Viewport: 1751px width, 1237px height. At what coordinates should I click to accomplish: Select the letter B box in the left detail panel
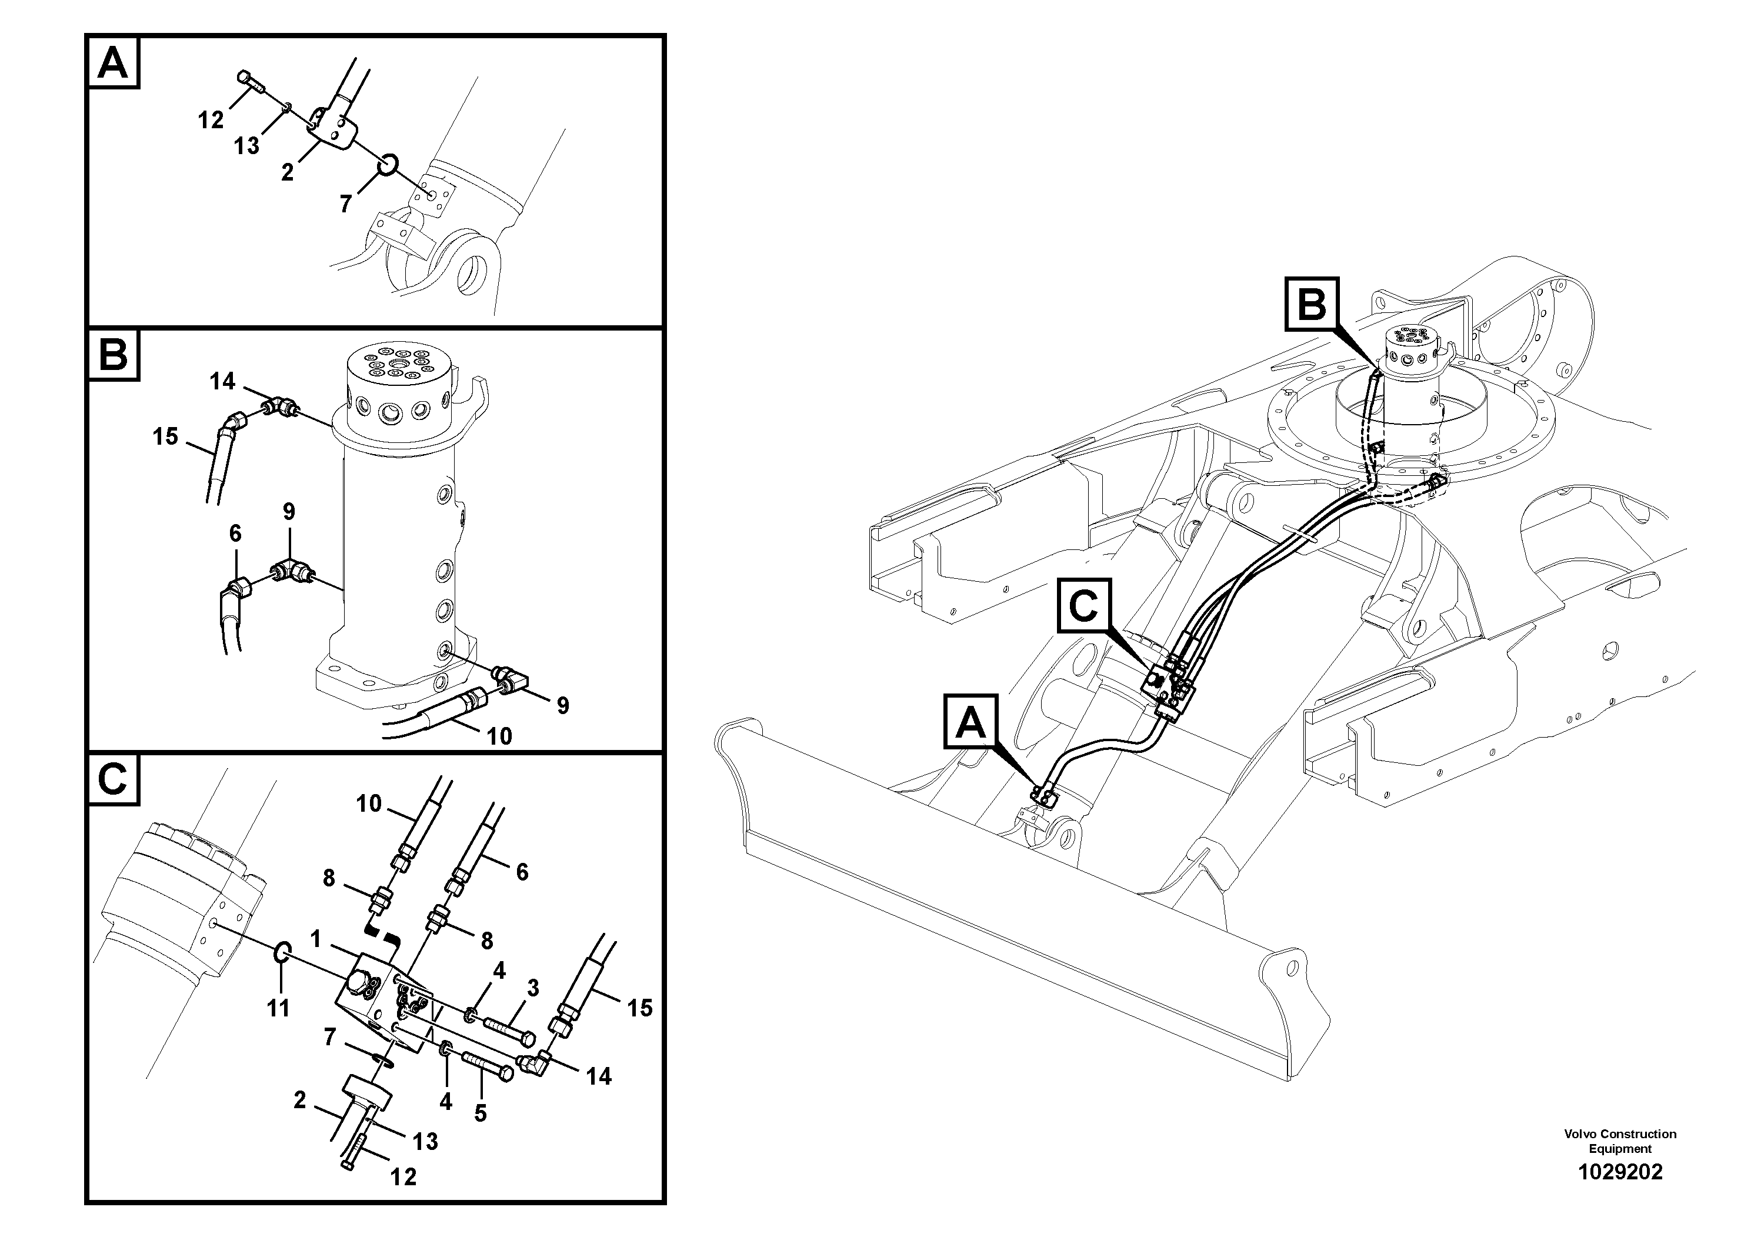114,355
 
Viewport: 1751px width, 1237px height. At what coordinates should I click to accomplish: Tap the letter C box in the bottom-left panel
114,779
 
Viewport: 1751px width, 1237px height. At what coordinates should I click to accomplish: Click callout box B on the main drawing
1312,304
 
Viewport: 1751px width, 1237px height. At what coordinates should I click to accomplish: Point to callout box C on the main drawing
1083,606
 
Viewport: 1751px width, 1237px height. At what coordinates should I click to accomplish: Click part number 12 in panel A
211,120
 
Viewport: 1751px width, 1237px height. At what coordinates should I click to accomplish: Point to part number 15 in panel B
165,437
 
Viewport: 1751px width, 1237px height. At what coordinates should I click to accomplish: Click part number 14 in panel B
223,381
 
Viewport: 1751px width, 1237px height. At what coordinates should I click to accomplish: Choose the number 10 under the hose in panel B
499,736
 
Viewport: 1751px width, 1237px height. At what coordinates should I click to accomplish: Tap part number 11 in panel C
278,1008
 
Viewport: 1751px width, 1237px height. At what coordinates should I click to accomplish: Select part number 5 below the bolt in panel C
480,1113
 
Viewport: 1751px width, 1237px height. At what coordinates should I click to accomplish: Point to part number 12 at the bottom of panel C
403,1178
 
